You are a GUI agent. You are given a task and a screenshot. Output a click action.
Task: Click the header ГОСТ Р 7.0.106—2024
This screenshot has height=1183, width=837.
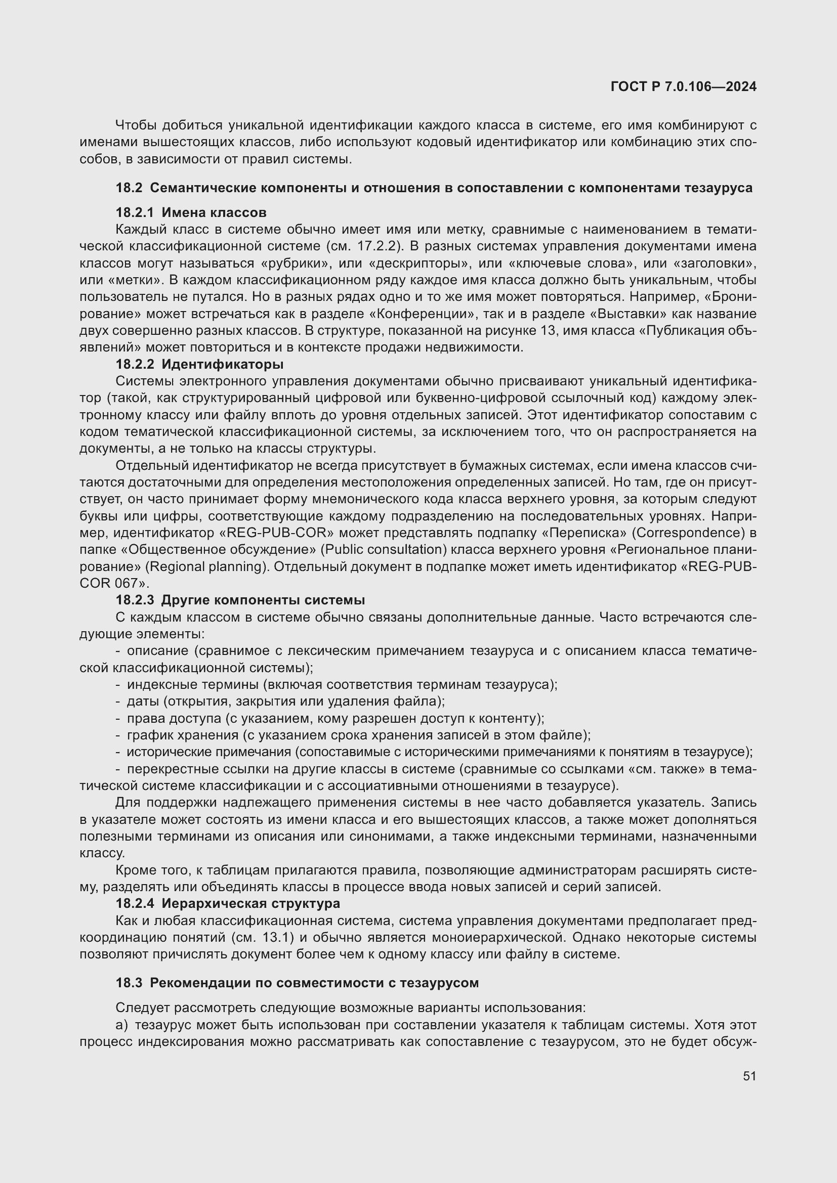(x=683, y=86)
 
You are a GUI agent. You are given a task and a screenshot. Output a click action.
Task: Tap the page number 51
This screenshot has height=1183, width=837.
(x=749, y=1076)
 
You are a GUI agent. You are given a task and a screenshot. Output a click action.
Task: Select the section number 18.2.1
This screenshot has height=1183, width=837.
(x=135, y=212)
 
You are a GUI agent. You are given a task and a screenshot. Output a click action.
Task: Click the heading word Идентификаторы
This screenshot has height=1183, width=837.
(x=222, y=364)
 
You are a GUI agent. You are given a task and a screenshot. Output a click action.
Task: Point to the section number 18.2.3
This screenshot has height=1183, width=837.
(x=135, y=600)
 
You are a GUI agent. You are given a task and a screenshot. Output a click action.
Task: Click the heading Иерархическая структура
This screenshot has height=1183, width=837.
(x=250, y=903)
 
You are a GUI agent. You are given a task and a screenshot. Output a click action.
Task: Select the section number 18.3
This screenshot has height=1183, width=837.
(x=129, y=983)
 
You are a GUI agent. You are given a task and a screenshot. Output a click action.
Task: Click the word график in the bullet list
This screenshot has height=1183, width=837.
(x=147, y=735)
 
